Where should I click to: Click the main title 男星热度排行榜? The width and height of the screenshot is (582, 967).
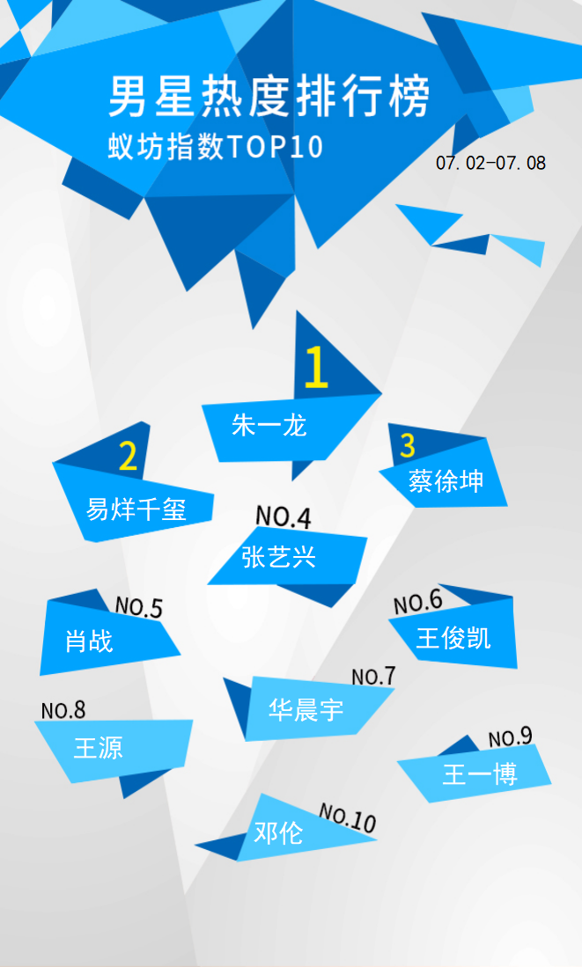point(269,97)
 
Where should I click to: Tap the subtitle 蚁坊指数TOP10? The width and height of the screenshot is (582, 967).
point(216,147)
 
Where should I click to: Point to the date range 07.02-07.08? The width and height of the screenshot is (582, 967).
point(490,163)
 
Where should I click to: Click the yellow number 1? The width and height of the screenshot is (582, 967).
point(316,367)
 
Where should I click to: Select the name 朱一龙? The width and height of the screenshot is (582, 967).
point(269,426)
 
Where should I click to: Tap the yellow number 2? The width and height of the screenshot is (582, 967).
point(128,457)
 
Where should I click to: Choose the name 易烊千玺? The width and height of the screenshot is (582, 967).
point(136,509)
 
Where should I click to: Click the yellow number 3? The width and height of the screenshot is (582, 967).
point(408,445)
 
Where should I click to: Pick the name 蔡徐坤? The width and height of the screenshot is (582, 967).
point(446,481)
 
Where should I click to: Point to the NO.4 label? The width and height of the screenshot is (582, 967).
point(284,516)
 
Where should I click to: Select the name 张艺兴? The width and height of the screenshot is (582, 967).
point(279,556)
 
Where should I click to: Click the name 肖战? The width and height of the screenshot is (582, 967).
point(90,641)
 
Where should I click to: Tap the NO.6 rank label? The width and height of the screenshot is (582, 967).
point(418,602)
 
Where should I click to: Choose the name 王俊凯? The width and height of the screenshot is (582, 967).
point(453,638)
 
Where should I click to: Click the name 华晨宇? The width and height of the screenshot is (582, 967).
point(306,710)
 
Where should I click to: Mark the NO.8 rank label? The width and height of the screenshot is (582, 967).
point(63,710)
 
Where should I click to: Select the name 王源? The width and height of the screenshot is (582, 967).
point(98,747)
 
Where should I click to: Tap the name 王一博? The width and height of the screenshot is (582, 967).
point(480,774)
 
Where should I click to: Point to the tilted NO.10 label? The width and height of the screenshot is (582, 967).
point(347,818)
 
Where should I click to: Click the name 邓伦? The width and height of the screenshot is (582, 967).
point(278,833)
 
